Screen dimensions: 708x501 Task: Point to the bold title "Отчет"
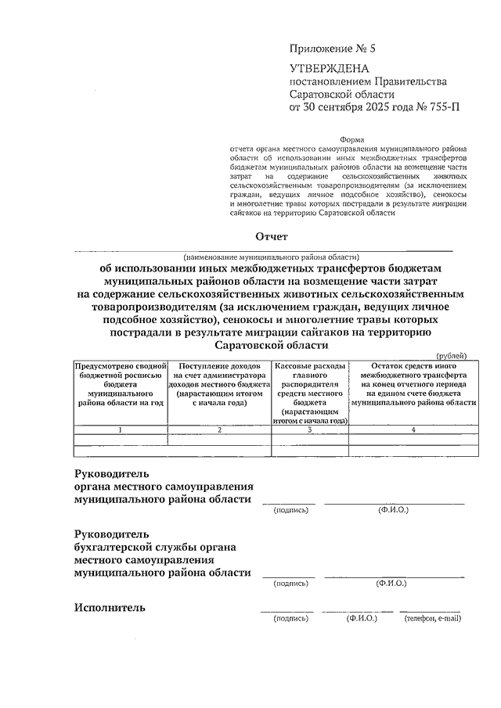click(272, 236)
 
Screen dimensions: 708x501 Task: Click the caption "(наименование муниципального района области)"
click(271, 256)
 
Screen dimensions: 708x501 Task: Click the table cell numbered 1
click(121, 429)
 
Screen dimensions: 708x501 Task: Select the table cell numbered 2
click(219, 429)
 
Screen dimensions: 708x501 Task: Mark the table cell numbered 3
click(310, 429)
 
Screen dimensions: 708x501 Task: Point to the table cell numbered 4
click(413, 429)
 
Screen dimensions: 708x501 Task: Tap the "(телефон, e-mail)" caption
click(433, 619)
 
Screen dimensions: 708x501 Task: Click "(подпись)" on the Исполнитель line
click(291, 619)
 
